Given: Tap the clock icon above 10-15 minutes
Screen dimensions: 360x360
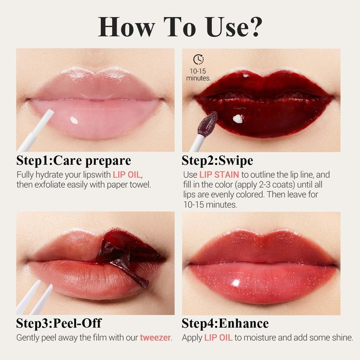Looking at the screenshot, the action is point(198,59).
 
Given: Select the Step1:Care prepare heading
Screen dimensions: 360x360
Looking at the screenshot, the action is point(73,161).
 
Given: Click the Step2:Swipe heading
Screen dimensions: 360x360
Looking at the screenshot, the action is point(217,161).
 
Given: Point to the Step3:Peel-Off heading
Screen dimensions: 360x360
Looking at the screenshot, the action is point(59,323).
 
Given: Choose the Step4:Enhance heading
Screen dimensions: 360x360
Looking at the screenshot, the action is point(225,323).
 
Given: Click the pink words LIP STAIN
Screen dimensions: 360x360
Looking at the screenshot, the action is point(219,175).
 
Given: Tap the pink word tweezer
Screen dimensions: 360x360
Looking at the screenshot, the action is point(155,338).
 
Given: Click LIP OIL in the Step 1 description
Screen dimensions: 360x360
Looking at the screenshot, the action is point(126,175).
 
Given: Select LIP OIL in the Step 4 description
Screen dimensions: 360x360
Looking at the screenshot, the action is point(218,338).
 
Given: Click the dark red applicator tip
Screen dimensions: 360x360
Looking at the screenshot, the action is point(207,123).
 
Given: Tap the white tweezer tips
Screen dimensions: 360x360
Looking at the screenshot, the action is point(35,298).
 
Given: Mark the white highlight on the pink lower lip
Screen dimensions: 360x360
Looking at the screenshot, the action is point(74,120).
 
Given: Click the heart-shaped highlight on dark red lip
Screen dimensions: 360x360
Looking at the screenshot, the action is point(238,118).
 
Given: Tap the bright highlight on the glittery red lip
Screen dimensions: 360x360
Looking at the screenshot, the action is point(236,283).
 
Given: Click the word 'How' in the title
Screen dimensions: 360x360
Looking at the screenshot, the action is point(126,27).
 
